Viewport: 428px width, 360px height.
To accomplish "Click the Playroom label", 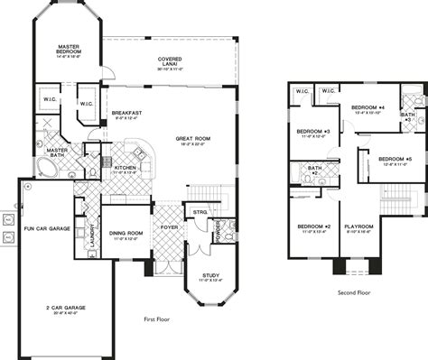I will pyautogui.click(x=360, y=226).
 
